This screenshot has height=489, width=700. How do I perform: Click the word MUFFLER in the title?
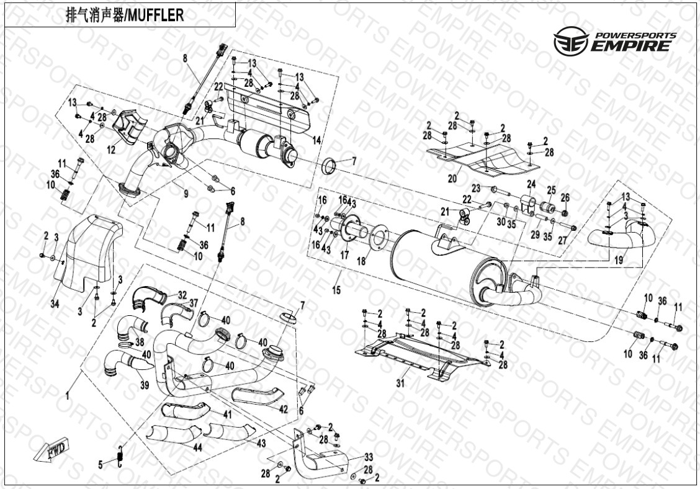click(x=155, y=16)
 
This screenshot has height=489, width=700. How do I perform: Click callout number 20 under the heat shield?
click(x=452, y=178)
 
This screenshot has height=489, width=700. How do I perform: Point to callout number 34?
click(x=55, y=303)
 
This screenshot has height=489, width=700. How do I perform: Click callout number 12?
click(x=111, y=150)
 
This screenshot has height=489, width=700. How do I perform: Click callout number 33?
click(x=368, y=455)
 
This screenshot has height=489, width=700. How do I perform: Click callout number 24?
click(x=531, y=184)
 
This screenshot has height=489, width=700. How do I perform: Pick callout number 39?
click(x=145, y=385)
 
